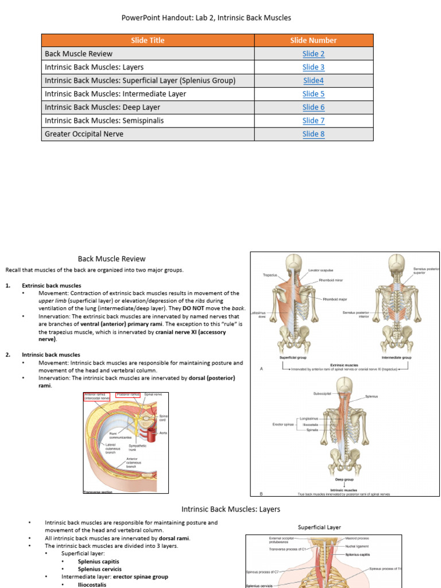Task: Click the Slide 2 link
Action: (314, 53)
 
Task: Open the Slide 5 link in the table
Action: (314, 94)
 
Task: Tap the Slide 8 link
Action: (314, 134)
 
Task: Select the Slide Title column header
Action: (148, 40)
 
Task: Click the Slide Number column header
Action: (314, 40)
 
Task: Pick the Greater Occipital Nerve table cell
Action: (84, 134)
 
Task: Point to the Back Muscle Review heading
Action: (111, 258)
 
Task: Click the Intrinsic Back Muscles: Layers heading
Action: (231, 509)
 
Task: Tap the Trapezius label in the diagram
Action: (270, 275)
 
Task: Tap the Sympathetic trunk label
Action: (137, 447)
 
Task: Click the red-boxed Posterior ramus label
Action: (127, 395)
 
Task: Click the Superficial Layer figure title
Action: (319, 527)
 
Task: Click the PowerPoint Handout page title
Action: (206, 18)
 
